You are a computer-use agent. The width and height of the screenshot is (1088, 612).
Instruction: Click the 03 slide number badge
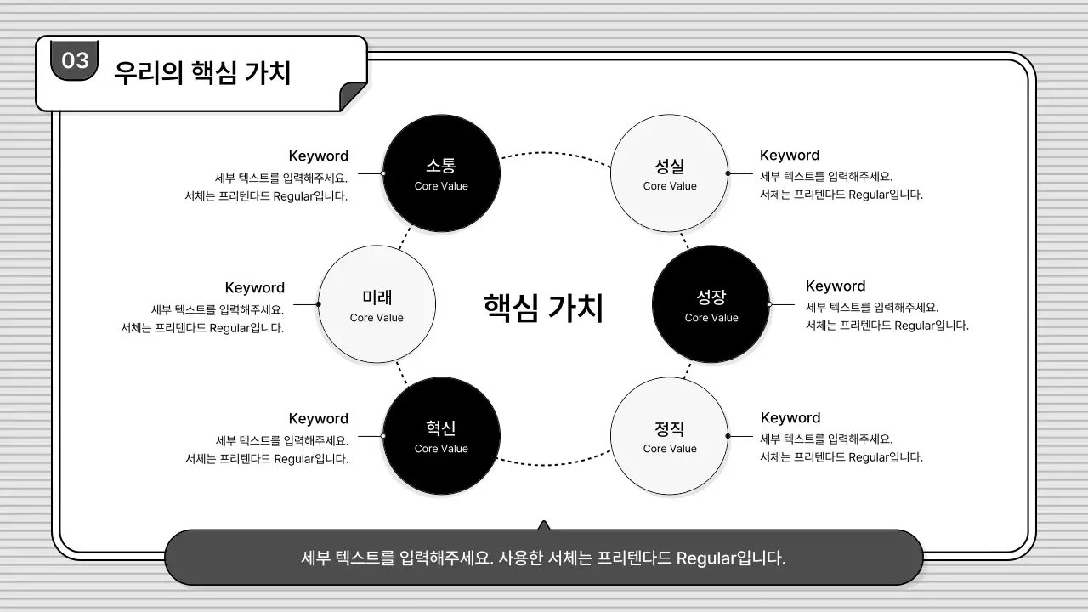[75, 60]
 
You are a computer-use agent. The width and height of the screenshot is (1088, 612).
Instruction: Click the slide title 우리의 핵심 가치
[202, 73]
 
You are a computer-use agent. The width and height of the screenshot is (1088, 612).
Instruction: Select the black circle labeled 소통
[441, 173]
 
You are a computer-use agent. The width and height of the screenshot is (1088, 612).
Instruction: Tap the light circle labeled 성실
[670, 173]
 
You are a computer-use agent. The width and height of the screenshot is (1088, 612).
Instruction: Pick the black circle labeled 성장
[711, 304]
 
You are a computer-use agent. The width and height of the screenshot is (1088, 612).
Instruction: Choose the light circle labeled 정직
[670, 436]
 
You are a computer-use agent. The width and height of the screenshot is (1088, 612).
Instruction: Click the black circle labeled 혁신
[441, 436]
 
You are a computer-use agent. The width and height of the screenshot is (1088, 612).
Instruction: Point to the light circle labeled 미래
[377, 304]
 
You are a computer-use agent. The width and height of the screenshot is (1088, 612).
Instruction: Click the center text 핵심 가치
[543, 307]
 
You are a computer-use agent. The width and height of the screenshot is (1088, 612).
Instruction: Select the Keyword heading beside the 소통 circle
[319, 156]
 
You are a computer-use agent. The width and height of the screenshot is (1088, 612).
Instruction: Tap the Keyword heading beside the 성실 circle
[790, 155]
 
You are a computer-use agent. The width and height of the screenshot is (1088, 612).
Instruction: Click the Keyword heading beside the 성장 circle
[836, 286]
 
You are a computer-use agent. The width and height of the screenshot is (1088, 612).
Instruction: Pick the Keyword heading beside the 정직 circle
[790, 417]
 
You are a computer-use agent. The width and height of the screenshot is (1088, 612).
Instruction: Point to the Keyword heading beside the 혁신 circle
[319, 418]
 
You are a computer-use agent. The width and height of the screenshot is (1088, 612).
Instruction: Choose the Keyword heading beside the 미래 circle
[255, 287]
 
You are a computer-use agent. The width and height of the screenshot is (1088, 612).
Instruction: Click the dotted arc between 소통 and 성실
[555, 153]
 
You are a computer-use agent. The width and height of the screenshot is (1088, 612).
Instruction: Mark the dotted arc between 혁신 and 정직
[555, 464]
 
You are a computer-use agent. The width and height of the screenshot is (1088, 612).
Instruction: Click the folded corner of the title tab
[353, 97]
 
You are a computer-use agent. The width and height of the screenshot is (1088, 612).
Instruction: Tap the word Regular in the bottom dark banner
[705, 558]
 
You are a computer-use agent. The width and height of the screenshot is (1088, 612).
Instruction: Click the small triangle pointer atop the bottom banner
[544, 525]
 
